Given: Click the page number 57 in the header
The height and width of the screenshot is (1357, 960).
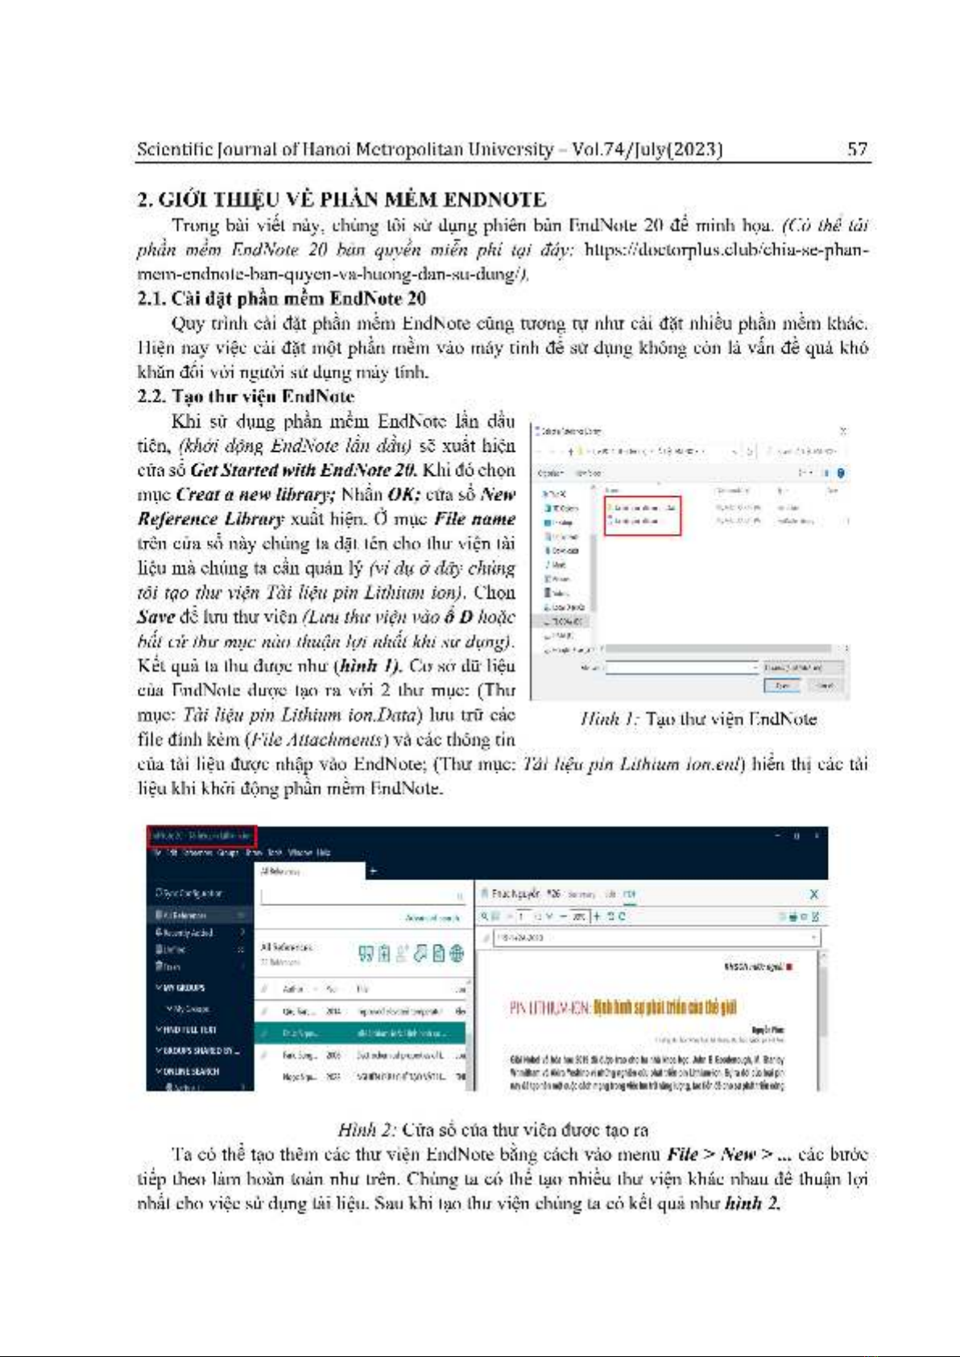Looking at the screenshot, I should [857, 149].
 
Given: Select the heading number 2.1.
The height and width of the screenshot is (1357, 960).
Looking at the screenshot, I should [151, 299].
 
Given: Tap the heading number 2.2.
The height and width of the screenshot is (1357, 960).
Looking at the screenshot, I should [151, 396].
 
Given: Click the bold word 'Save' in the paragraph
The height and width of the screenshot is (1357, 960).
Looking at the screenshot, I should [155, 617].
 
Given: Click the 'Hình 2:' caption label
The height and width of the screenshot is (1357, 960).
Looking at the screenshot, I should [367, 1130].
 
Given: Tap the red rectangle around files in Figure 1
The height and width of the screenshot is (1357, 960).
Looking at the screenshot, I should [643, 515].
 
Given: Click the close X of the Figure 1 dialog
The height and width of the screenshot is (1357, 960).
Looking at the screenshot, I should [842, 432].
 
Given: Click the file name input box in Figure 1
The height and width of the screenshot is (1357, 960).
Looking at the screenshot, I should [681, 668].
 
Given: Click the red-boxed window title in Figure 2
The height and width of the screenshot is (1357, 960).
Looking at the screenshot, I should [201, 836].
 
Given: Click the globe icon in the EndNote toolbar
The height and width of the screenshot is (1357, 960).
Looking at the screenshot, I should [457, 954].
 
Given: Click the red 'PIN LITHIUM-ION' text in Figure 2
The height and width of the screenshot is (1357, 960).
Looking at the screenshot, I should [551, 1007].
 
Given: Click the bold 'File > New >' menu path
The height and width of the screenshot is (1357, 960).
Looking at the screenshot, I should [719, 1155].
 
